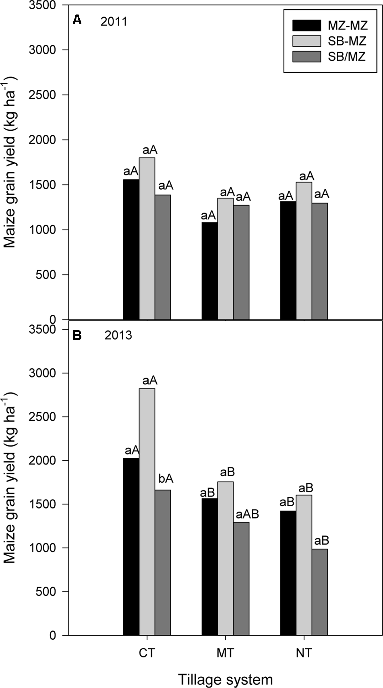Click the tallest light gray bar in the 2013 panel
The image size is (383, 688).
point(147,511)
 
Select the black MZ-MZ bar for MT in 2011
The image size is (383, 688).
point(209,271)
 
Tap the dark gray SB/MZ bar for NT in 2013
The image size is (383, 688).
point(319,592)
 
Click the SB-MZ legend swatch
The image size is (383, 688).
point(306,41)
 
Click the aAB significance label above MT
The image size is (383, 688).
point(247,514)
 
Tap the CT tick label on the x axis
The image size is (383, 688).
point(147,653)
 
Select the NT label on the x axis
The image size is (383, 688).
point(304,653)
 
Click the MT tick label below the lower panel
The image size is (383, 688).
point(225,653)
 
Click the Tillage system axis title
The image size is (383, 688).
point(225,680)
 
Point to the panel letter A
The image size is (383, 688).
point(77,20)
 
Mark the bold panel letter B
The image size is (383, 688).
point(77,335)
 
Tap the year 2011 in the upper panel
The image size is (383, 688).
point(114,21)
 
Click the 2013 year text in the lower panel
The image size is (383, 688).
point(118,335)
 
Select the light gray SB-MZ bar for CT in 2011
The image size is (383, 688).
point(147,238)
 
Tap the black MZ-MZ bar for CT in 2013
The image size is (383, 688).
point(131,546)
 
